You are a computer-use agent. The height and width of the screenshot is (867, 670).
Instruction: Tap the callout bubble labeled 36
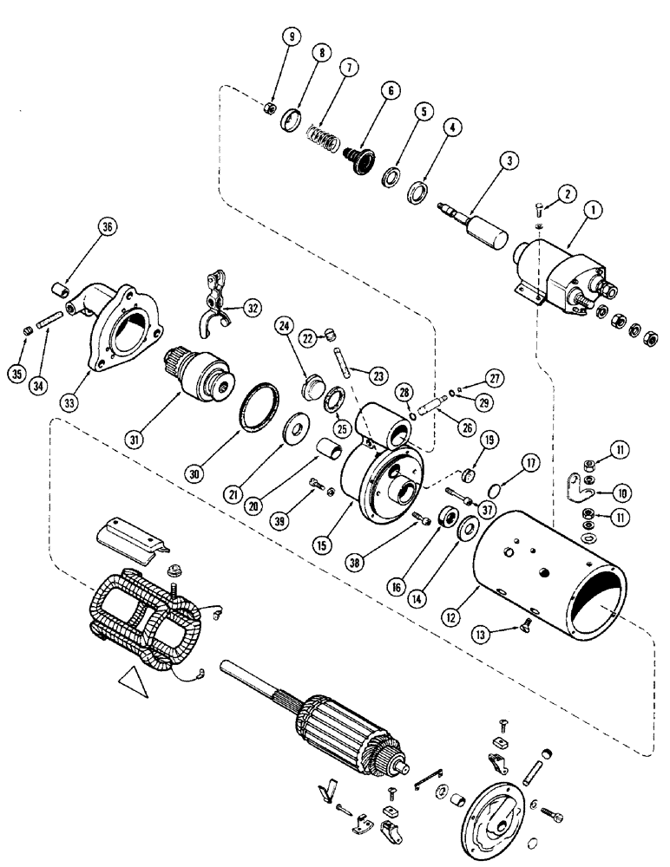pos(108,228)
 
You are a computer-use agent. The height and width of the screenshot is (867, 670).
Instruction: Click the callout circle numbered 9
pos(292,37)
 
